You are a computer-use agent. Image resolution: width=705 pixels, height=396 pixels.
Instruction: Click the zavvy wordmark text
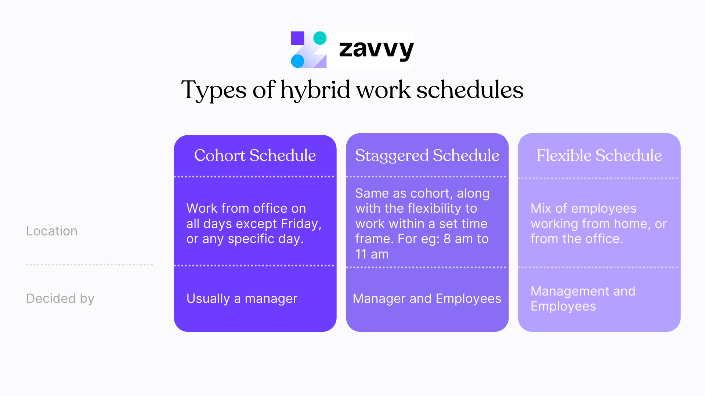point(376,49)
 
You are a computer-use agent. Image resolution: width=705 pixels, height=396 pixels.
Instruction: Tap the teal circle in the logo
point(320,38)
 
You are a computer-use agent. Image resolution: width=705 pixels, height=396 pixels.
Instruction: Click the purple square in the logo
point(297,38)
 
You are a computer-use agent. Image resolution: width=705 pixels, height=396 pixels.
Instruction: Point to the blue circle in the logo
point(297,61)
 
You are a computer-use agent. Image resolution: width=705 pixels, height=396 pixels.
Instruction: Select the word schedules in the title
point(470,90)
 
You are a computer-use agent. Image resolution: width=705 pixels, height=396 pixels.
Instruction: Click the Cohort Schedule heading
point(255,155)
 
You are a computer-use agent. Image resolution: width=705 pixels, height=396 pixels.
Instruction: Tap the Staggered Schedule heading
point(427,155)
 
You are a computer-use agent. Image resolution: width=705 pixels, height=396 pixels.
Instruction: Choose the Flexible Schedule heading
point(599,155)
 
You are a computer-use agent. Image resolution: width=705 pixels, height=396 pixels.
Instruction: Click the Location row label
point(52,231)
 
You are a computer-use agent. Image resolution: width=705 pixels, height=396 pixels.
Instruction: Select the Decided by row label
point(60,298)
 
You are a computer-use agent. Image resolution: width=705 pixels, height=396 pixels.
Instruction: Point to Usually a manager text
point(242,298)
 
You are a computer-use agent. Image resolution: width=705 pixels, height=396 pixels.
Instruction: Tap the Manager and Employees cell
point(427,298)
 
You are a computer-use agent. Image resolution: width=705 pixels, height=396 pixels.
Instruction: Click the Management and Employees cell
point(583,298)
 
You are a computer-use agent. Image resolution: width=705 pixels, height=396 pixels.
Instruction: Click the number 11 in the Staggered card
point(361,254)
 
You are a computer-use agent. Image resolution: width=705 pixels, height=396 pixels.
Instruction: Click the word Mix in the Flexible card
point(541,209)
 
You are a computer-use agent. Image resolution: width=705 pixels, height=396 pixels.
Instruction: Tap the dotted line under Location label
point(90,264)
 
